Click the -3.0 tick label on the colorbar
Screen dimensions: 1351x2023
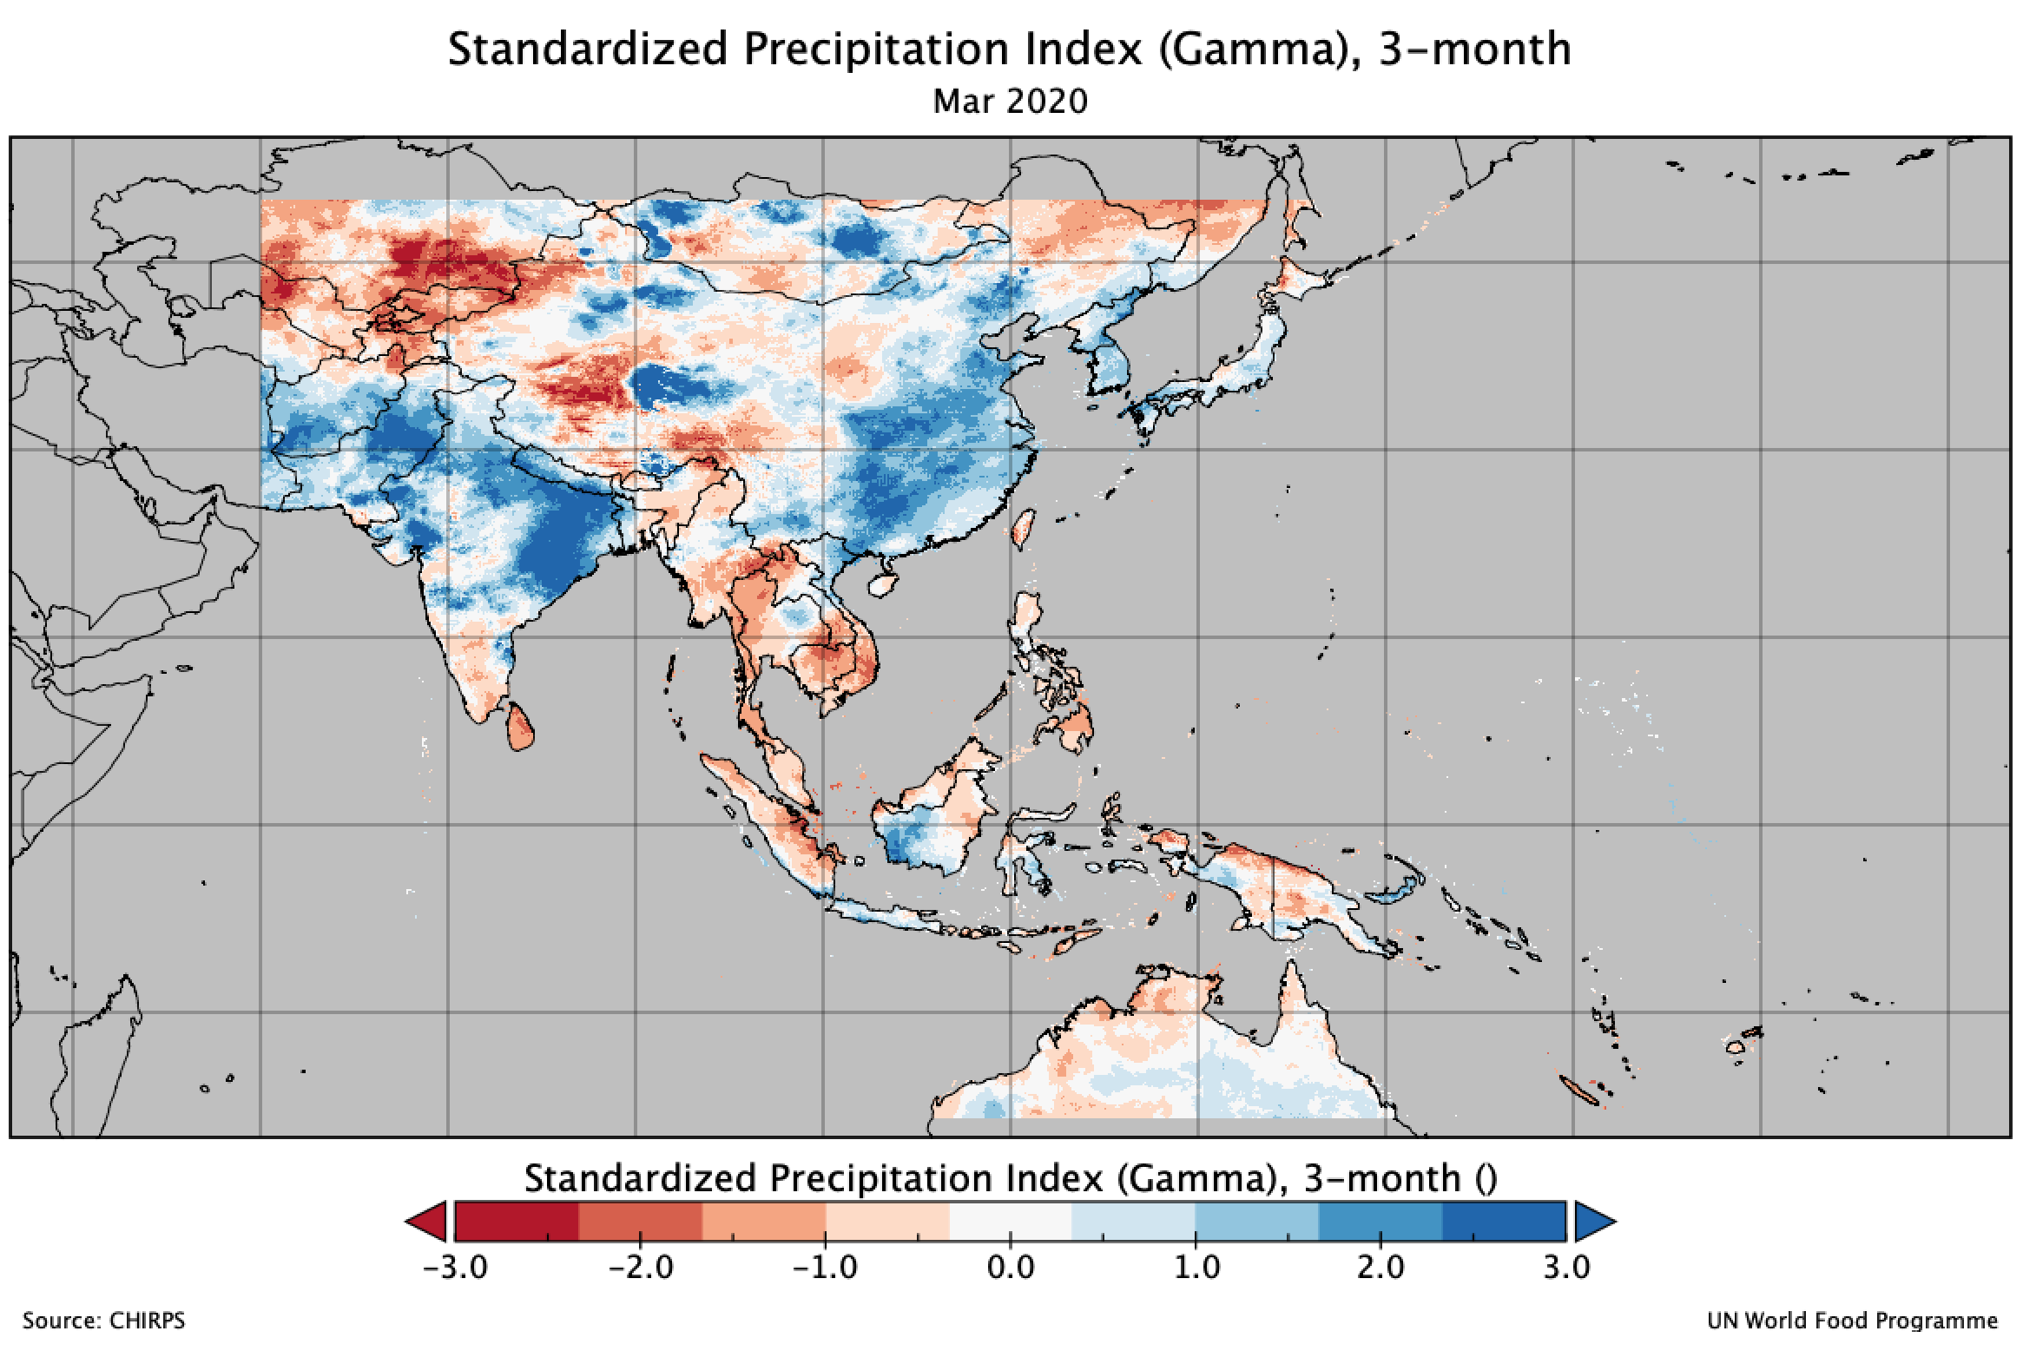tap(455, 1267)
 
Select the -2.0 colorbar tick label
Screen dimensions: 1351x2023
tap(640, 1267)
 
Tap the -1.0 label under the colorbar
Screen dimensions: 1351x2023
tap(825, 1267)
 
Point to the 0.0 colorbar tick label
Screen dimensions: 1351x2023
tap(1011, 1267)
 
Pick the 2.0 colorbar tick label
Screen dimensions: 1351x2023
tap(1381, 1267)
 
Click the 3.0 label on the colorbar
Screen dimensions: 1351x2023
tap(1566, 1267)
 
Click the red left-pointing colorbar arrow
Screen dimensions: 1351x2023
tap(429, 1222)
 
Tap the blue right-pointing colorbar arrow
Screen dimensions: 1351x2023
tap(1593, 1222)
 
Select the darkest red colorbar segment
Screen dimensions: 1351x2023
tap(517, 1222)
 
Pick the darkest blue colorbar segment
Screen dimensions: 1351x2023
tap(1504, 1222)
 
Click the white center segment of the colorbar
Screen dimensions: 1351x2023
tap(1011, 1222)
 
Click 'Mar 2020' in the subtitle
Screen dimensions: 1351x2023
tap(1010, 102)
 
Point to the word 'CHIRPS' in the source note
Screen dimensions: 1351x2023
tap(148, 1321)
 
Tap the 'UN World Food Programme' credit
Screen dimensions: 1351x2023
tap(1851, 1321)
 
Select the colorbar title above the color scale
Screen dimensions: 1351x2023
tap(1011, 1178)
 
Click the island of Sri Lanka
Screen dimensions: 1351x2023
tap(520, 728)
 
